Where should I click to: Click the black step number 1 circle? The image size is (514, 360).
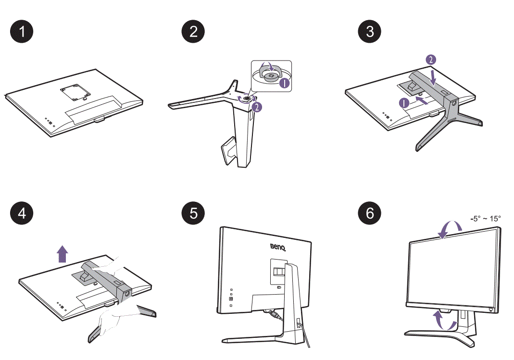tap(22, 32)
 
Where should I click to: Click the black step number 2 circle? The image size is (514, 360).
tap(193, 32)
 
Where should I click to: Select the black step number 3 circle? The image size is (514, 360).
tap(369, 32)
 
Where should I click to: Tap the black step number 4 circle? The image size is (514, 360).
tap(22, 213)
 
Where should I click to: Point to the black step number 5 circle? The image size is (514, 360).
tap(193, 213)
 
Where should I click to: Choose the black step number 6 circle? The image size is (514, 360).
tap(369, 213)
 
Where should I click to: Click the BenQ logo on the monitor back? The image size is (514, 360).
tap(277, 248)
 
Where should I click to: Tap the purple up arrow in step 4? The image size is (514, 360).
tap(62, 253)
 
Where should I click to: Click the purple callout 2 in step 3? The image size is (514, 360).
tap(431, 60)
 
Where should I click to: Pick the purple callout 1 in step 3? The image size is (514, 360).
tap(404, 102)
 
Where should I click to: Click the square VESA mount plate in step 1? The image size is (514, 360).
tap(76, 91)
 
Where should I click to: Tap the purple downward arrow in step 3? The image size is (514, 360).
tap(434, 76)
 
